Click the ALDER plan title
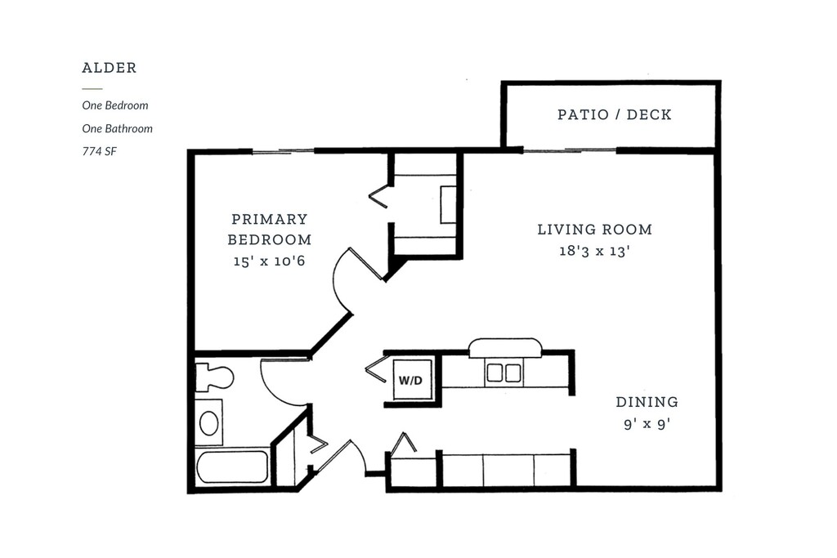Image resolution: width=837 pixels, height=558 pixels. pos(110,68)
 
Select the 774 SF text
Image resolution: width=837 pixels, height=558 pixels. pos(99,151)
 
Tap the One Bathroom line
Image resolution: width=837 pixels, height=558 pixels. pos(118,128)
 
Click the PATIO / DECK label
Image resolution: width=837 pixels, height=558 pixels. pos(615,114)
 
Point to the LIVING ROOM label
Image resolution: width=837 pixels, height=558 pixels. pos(595,230)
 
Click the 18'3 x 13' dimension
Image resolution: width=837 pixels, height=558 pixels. pos(595,251)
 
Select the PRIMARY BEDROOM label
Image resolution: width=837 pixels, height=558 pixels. pos(270,230)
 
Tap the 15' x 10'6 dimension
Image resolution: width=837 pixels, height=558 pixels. pos(270,261)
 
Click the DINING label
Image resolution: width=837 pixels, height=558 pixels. pos(647,402)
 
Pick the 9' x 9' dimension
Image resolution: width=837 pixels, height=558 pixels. pos(647,424)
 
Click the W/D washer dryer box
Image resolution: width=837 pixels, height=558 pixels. pos(413,379)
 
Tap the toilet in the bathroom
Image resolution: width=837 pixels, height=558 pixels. pos(214,377)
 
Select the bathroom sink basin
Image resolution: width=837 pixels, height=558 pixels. pos(208,423)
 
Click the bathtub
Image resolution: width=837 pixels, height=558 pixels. pos(232,467)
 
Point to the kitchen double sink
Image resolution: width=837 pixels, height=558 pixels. pos(504,373)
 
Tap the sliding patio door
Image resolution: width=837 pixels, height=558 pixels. pos(569,150)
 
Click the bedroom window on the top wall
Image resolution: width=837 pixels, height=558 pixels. pos(283,151)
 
